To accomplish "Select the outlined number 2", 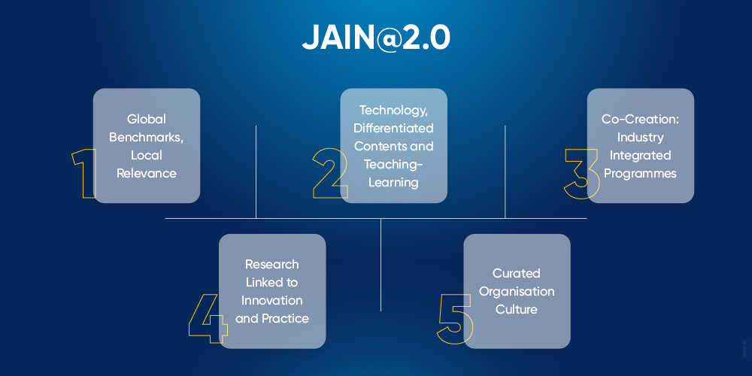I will pos(330,174).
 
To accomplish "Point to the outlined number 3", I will pos(581,174).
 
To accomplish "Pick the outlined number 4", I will pos(208,318).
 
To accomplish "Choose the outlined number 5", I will pos(455,318).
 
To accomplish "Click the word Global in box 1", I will pos(146,119).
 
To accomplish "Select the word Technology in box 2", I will pos(393,111).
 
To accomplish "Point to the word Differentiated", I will pos(393,129).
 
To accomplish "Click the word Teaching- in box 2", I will pos(393,164).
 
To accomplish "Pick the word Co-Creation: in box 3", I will pos(640,119).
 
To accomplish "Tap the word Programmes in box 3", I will pos(640,174).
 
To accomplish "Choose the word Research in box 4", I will pos(271,265).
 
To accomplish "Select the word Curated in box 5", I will pos(517,273).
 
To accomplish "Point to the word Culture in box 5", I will pos(517,309).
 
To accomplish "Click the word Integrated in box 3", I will pos(640,156).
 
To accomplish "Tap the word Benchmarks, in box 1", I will pos(146,138).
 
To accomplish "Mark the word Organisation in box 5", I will pos(517,291).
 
